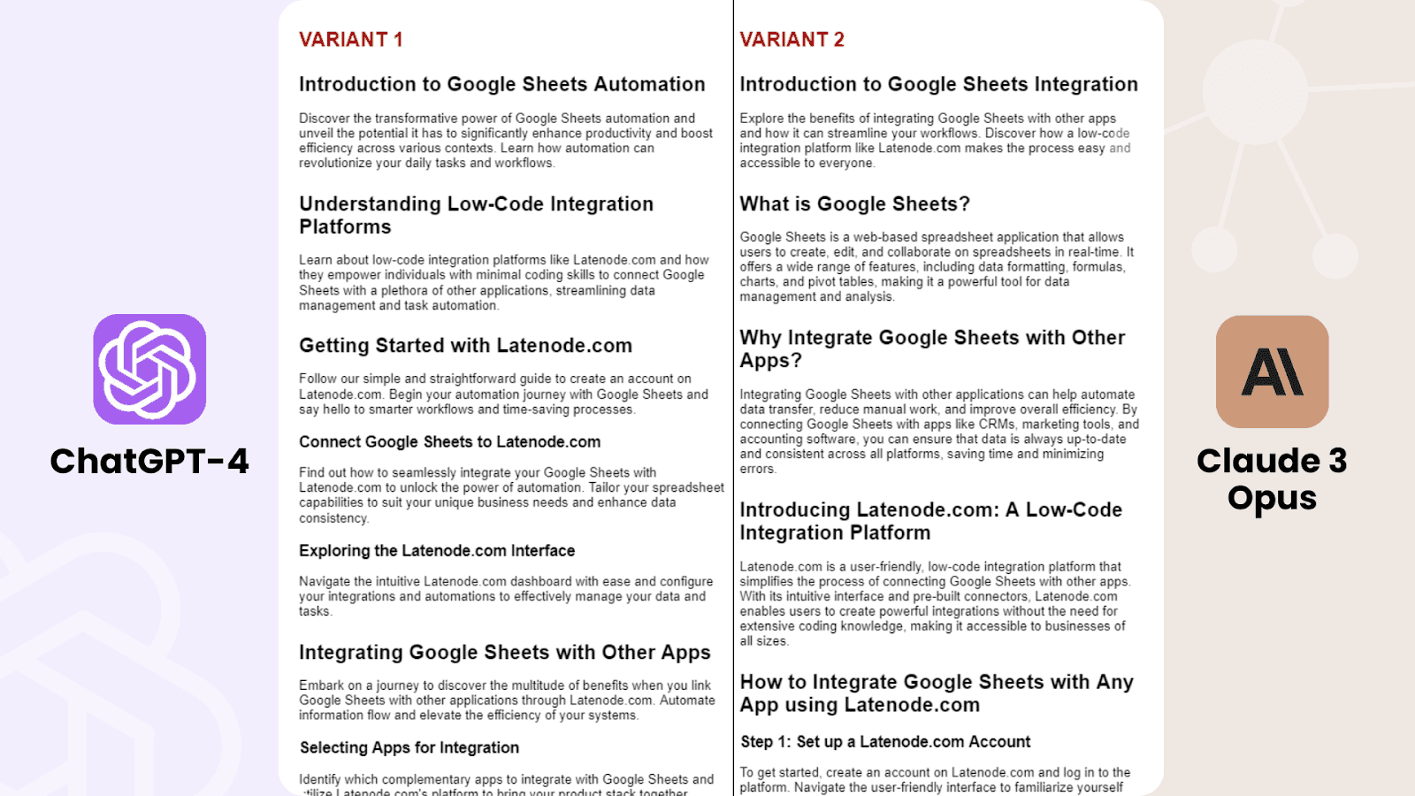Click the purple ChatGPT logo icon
pyautogui.click(x=149, y=369)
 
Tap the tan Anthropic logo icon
pyautogui.click(x=1272, y=371)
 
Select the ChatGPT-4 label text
pyautogui.click(x=149, y=461)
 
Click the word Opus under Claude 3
pyautogui.click(x=1272, y=498)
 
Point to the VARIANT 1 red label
pyautogui.click(x=350, y=40)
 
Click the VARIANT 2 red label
pyautogui.click(x=792, y=40)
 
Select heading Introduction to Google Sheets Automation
pyautogui.click(x=501, y=84)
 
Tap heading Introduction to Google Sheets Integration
pyautogui.click(x=938, y=84)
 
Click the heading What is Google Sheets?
pyautogui.click(x=854, y=204)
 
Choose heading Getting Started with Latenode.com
pyautogui.click(x=465, y=346)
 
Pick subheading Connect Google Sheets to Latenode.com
pyautogui.click(x=449, y=441)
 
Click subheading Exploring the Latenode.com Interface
pyautogui.click(x=437, y=550)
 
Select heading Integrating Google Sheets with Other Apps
pyautogui.click(x=504, y=653)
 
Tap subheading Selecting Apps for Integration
pyautogui.click(x=409, y=747)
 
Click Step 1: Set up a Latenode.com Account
pyautogui.click(x=885, y=741)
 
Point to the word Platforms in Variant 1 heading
pyautogui.click(x=345, y=227)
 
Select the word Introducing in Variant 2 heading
pyautogui.click(x=795, y=510)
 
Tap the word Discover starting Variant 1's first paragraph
pyautogui.click(x=324, y=119)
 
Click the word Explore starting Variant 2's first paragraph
pyautogui.click(x=761, y=119)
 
